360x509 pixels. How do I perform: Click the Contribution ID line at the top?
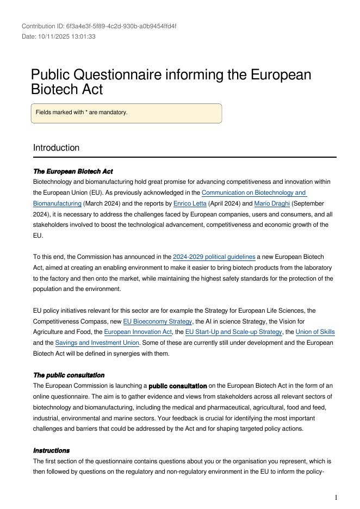(x=99, y=26)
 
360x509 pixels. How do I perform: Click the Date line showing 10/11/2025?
(x=59, y=36)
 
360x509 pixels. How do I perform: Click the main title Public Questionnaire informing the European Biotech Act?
(x=171, y=82)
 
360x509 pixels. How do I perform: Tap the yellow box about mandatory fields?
(x=126, y=113)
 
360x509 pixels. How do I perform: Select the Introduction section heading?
(x=56, y=148)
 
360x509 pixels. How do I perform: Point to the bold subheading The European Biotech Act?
(x=73, y=171)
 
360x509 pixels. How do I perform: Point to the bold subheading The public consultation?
(x=69, y=375)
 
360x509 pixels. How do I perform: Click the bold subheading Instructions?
(x=51, y=450)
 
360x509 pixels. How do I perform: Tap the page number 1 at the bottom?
(x=336, y=497)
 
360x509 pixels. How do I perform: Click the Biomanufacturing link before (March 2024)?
(x=57, y=203)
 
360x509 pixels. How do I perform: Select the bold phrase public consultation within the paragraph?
(x=177, y=386)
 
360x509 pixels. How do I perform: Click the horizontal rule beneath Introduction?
(x=184, y=158)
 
